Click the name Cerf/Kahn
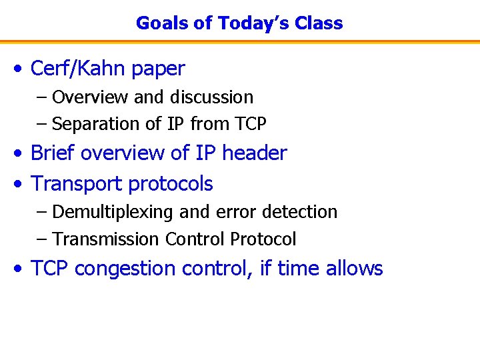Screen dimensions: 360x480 point(79,68)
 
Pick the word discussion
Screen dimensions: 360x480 point(211,97)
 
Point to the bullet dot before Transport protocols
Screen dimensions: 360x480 point(21,185)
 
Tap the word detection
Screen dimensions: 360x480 point(300,212)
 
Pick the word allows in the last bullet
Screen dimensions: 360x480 point(355,268)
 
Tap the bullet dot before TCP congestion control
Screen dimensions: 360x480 point(21,269)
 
